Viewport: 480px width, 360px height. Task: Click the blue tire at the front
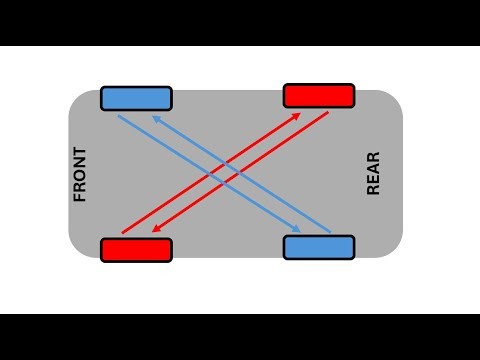point(136,98)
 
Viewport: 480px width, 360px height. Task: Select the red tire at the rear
point(319,95)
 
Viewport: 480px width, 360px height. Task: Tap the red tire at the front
point(136,249)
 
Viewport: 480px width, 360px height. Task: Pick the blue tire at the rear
point(319,246)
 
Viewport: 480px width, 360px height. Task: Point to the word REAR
point(374,173)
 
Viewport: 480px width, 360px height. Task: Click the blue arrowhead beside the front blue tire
point(155,117)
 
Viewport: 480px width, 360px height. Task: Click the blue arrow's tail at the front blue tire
point(119,116)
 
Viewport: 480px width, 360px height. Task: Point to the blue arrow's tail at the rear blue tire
point(329,229)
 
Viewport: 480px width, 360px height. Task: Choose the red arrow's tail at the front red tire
point(122,233)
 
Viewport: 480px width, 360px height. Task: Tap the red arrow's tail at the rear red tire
point(328,113)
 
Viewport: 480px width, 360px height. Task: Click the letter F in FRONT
point(81,196)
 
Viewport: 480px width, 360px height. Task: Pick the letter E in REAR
point(374,180)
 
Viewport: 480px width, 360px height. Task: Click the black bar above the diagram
point(240,22)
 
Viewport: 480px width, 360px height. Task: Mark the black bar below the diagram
point(240,337)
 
